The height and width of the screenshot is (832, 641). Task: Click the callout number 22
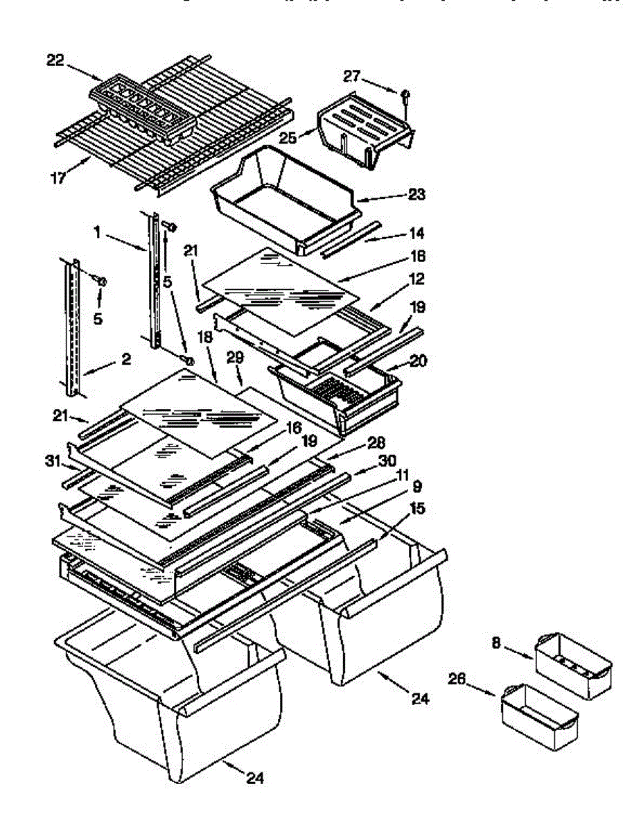point(55,60)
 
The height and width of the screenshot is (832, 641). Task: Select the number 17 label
point(58,177)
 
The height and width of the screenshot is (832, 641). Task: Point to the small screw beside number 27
point(406,95)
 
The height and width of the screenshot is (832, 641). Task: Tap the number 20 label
point(419,361)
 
